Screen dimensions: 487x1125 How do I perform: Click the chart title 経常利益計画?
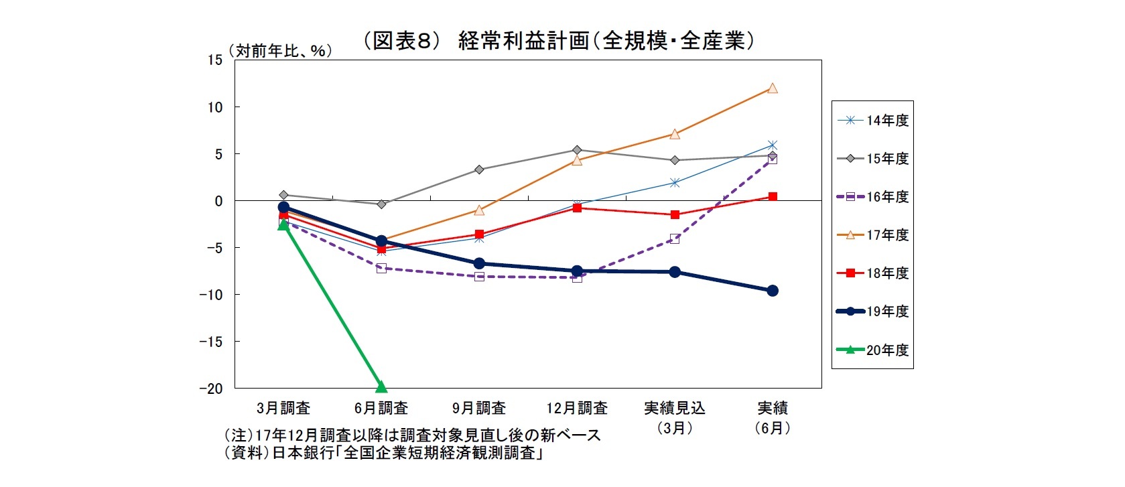(559, 42)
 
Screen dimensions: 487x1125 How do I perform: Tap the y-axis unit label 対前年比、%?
(280, 51)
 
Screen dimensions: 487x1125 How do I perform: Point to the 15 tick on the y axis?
(214, 60)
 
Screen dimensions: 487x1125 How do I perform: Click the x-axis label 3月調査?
(283, 408)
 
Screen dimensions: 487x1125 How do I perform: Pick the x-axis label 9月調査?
(479, 408)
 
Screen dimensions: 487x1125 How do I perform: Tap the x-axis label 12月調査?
(577, 408)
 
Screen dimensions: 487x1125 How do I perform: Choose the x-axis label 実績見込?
(675, 408)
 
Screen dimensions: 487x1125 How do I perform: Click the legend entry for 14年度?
(874, 121)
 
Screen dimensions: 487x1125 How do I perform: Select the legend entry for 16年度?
(874, 197)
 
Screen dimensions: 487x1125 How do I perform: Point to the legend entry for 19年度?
(874, 311)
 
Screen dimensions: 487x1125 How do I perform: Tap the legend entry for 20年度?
(874, 350)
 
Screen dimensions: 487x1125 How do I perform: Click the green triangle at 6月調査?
(381, 387)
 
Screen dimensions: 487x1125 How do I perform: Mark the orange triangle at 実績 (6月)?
(773, 88)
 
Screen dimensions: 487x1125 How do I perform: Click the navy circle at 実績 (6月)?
(773, 291)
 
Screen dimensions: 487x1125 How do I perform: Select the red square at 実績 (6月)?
(773, 197)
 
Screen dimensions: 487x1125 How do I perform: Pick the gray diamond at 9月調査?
(479, 169)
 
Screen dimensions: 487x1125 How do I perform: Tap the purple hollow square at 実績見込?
(675, 238)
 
